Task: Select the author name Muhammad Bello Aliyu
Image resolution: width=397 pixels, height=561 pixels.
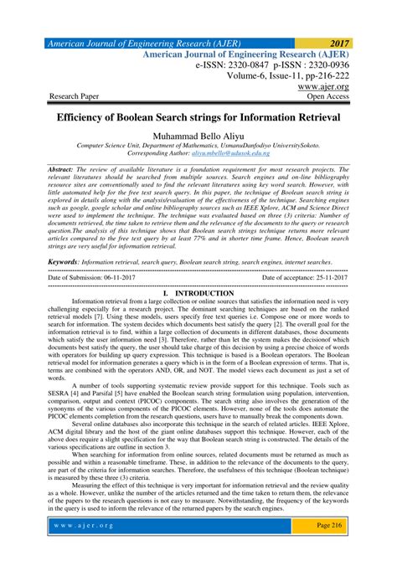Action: tap(198, 135)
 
